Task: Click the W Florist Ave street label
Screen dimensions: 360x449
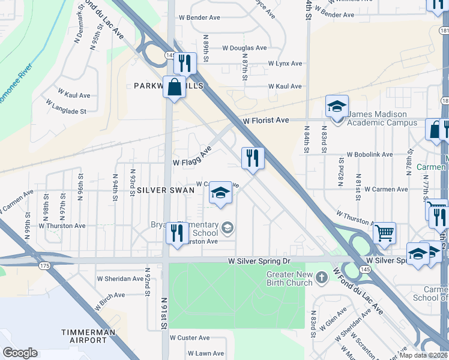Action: (266, 121)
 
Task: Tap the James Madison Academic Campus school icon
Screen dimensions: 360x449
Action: (337, 107)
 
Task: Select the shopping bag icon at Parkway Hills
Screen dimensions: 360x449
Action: (173, 87)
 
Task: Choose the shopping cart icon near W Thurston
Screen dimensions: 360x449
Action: (384, 233)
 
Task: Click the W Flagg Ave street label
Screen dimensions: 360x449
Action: (192, 158)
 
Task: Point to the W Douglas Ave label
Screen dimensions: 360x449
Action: (244, 48)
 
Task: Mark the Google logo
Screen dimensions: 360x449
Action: (20, 353)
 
